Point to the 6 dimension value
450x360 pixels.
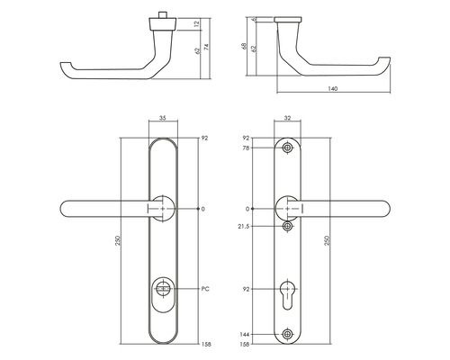[x=257, y=19]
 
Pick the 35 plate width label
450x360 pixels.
[x=163, y=118]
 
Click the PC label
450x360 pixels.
[x=205, y=289]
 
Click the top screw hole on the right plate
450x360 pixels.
[x=287, y=148]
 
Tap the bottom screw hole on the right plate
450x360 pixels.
[x=287, y=334]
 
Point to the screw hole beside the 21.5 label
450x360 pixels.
[x=287, y=226]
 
